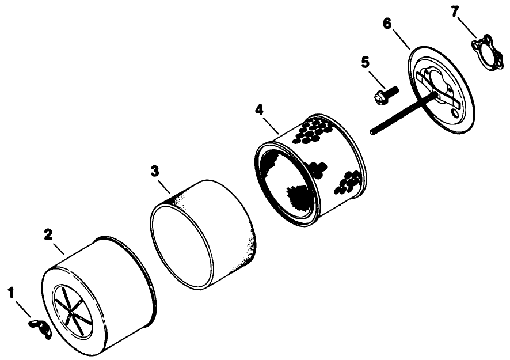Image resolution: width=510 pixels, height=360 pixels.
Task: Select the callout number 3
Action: [x=155, y=171]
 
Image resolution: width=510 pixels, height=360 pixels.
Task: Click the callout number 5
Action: [x=365, y=62]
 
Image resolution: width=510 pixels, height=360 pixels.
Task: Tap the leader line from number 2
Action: [x=58, y=247]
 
